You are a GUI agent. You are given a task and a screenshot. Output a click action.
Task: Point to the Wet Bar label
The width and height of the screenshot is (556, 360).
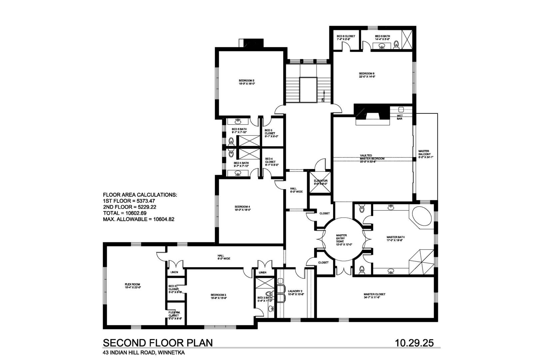pos(400,117)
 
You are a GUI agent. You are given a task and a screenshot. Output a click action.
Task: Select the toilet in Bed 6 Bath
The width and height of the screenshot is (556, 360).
pos(396,45)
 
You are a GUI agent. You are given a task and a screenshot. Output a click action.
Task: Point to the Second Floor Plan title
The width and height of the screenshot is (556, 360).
pos(158,343)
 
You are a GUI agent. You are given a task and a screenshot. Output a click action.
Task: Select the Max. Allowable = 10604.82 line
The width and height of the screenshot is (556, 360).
pos(139,219)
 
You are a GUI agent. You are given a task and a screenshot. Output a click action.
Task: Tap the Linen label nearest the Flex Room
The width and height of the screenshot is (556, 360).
pos(174,272)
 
